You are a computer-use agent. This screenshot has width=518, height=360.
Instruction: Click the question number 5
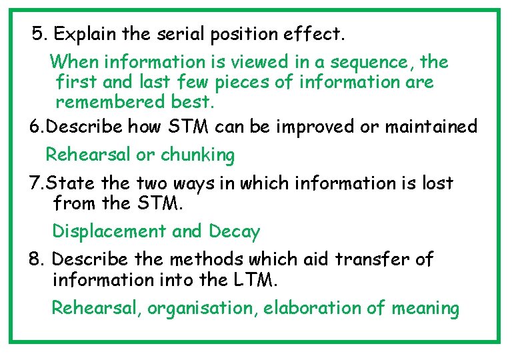pyautogui.click(x=39, y=33)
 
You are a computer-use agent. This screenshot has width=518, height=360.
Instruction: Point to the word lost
pyautogui.click(x=437, y=183)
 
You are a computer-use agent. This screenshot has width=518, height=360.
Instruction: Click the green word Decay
pyautogui.click(x=234, y=231)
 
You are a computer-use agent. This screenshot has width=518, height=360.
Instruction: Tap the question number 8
pyautogui.click(x=37, y=259)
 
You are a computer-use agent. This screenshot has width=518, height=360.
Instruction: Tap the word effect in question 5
pyautogui.click(x=316, y=33)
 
